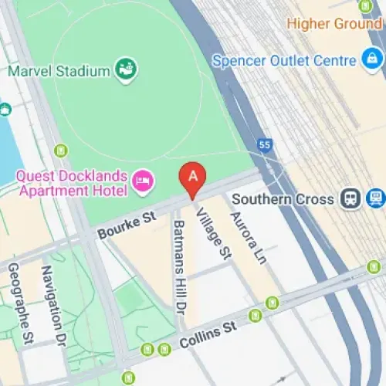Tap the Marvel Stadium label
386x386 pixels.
click(x=59, y=71)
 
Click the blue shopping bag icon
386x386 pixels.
click(x=371, y=60)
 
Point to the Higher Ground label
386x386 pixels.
click(x=334, y=23)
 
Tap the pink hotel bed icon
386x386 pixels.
click(x=143, y=181)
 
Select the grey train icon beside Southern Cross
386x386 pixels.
click(x=350, y=198)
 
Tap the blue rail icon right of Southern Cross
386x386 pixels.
click(x=376, y=198)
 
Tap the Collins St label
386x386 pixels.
click(x=208, y=335)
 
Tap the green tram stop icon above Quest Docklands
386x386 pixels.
click(x=62, y=150)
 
